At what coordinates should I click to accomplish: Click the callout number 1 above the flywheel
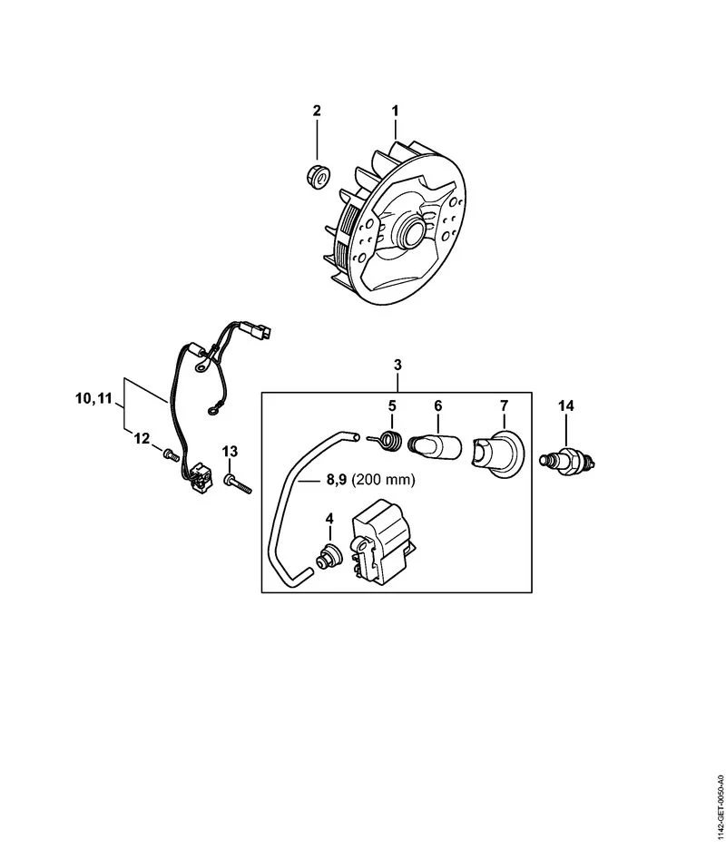[395, 111]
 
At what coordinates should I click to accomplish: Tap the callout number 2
[317, 111]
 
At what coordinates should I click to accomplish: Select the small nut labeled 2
[316, 177]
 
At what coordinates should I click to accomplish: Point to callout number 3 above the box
[397, 365]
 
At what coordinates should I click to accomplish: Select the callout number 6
[437, 405]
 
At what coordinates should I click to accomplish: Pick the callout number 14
[566, 405]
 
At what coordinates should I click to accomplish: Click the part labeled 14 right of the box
[567, 461]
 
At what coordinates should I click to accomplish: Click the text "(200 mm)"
[383, 480]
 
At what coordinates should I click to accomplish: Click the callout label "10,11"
[93, 398]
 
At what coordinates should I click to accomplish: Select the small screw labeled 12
[170, 454]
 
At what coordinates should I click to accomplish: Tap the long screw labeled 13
[237, 483]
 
